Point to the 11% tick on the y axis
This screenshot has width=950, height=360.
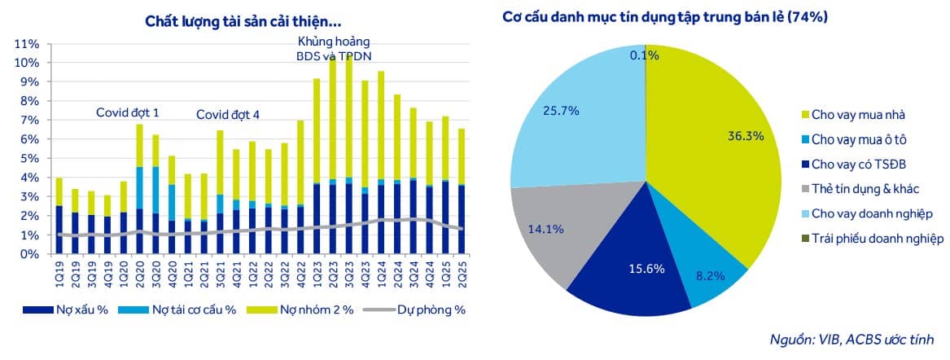27,43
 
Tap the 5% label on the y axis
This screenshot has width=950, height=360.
30,158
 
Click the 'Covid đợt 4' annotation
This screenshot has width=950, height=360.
228,115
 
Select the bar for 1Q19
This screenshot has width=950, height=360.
59,216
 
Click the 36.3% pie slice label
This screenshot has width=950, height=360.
746,136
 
